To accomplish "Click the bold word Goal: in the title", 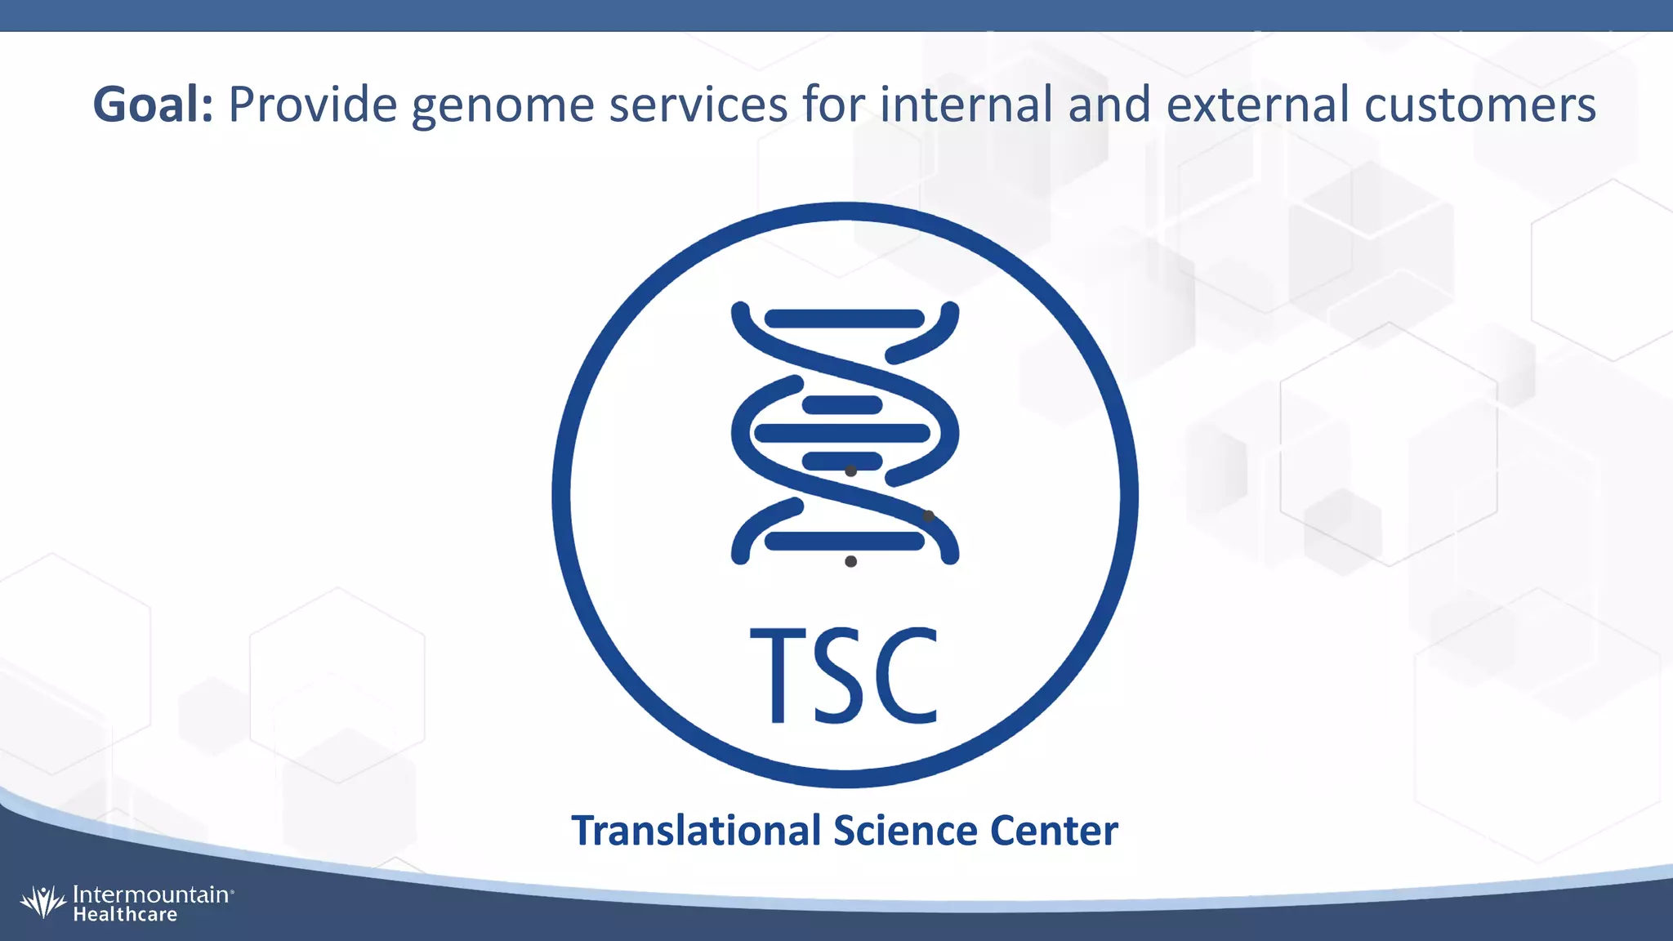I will [153, 105].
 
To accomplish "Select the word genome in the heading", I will [502, 106].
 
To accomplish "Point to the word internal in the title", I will [966, 105].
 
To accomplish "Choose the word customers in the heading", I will [1479, 105].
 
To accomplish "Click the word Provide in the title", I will [312, 105].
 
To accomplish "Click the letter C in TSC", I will [907, 676].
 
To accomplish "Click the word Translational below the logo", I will [696, 831].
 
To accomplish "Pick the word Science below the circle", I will [905, 831].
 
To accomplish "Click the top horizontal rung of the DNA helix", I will [845, 319].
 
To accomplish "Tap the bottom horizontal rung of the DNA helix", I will [845, 540].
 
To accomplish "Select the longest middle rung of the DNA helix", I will [841, 433].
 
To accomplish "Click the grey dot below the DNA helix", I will [850, 561].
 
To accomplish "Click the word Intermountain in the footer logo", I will [151, 894].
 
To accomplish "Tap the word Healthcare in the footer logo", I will [125, 915].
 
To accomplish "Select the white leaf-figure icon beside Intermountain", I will [42, 902].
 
